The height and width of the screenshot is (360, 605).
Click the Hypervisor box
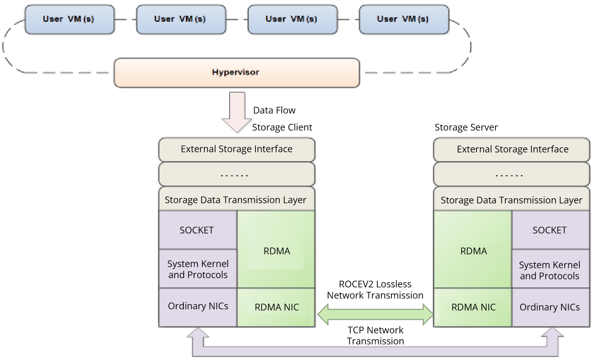(236, 72)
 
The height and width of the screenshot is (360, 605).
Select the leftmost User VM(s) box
(68, 20)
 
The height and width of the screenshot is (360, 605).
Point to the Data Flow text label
(274, 110)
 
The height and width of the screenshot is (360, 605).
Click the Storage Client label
(282, 127)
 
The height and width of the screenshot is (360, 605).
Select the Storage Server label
(466, 127)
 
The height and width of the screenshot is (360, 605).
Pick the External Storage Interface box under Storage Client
(236, 149)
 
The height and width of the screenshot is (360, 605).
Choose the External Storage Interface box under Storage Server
(512, 149)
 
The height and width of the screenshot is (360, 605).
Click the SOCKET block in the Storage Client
(197, 230)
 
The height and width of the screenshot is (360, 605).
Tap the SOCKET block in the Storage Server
(550, 230)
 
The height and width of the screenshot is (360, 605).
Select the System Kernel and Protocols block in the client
(198, 269)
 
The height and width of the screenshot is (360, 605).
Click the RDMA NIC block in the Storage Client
(276, 307)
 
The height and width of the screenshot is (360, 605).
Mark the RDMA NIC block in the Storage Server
(473, 307)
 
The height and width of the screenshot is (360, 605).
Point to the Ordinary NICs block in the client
(198, 306)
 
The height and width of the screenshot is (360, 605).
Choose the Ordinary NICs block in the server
(550, 307)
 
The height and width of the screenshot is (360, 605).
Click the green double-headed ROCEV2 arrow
(375, 314)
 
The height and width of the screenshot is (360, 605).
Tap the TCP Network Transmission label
(375, 336)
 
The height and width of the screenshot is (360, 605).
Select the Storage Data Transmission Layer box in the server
(511, 200)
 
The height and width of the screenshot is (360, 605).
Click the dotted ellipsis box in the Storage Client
(236, 175)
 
